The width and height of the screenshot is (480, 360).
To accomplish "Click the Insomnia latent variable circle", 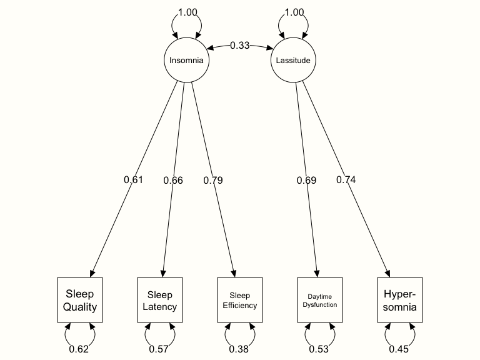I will coord(186,61).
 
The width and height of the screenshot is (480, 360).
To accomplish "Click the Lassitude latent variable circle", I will coord(293,61).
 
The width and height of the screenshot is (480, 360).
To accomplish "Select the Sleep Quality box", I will coord(80,300).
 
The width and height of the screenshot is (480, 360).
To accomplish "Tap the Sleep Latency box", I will coord(160,300).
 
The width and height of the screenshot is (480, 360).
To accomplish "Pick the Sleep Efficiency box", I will coord(240,300).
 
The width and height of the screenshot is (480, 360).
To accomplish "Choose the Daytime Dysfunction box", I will coord(320,300).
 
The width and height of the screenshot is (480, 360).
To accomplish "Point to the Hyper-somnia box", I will coord(400,300).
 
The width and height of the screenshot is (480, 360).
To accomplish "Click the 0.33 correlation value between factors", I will coord(239,45).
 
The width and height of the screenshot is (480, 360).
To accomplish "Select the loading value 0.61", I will coord(133,180).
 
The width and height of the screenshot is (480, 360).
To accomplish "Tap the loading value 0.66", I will coord(173,180).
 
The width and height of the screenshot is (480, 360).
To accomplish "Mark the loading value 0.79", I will coord(213,180).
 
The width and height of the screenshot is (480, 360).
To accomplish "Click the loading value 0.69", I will coord(306,180).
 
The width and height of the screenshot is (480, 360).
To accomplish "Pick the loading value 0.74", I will coord(346,180).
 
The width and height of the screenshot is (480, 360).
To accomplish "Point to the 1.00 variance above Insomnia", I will coord(186,12).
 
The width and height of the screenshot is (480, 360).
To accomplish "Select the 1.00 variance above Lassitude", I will coord(293,12).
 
